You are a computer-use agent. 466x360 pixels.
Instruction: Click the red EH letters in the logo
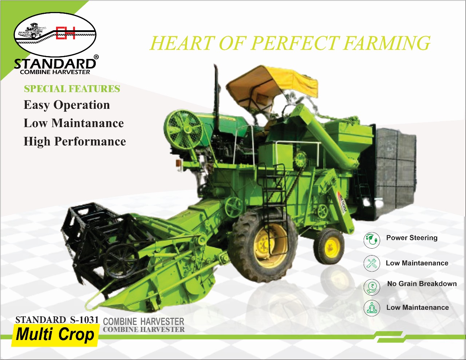[x=66, y=33]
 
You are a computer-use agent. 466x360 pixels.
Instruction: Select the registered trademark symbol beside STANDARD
[x=96, y=57]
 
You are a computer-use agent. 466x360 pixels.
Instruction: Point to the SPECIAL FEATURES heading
[x=72, y=89]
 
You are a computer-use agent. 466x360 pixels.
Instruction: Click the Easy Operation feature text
[x=67, y=105]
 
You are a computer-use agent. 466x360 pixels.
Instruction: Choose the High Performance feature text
[x=75, y=141]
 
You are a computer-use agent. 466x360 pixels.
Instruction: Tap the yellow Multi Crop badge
[x=55, y=335]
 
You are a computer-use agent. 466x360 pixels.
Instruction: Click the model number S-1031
[x=84, y=320]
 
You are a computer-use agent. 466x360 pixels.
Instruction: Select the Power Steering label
[x=412, y=238]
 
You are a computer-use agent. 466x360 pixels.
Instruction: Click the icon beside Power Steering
[x=371, y=240]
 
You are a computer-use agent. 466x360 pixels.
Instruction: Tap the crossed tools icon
[x=371, y=264]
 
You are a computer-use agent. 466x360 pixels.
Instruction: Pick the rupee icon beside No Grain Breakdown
[x=371, y=287]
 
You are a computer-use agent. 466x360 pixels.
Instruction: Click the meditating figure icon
[x=371, y=308]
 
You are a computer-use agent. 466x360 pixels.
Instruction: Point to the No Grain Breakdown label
[x=422, y=284]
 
